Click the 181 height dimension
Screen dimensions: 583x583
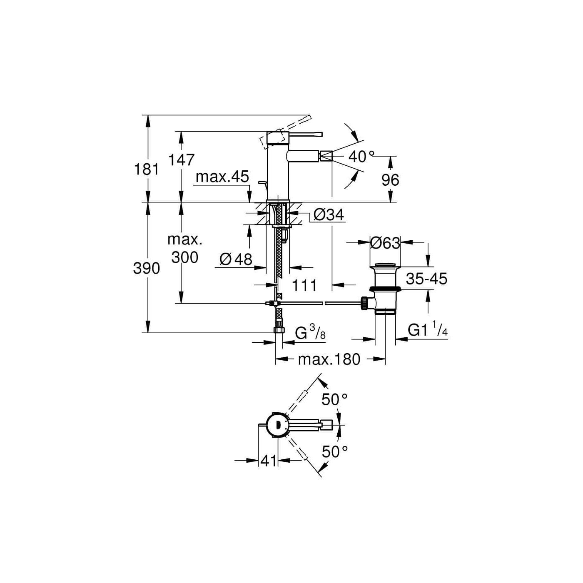(x=146, y=169)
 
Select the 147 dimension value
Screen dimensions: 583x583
(x=181, y=159)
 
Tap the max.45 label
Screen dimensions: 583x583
(x=222, y=177)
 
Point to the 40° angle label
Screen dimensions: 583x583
(x=361, y=157)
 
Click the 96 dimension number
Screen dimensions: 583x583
(x=390, y=180)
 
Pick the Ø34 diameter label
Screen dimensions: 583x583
(x=329, y=215)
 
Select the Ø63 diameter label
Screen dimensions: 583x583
(x=385, y=243)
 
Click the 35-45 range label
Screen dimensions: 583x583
(x=426, y=279)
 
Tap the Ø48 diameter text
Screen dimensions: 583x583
(x=236, y=259)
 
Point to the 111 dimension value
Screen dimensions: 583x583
(x=304, y=286)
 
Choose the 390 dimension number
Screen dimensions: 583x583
(x=146, y=268)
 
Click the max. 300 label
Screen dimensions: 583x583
(x=185, y=249)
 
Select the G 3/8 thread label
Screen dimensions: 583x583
(x=310, y=333)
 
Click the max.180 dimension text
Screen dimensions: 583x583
(x=329, y=359)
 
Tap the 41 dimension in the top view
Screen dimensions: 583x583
(x=269, y=461)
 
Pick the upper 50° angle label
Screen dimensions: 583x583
(x=334, y=400)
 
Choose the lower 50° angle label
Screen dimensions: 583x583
(x=334, y=451)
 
